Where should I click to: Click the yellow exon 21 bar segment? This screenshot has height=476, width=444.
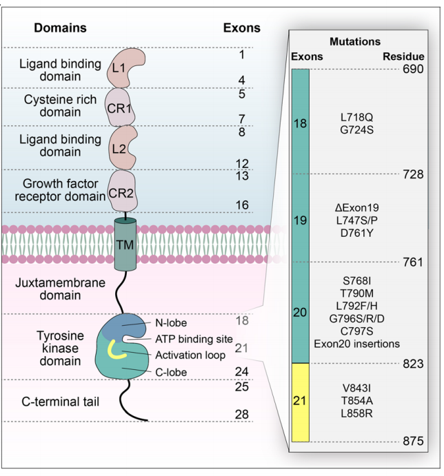click(301, 401)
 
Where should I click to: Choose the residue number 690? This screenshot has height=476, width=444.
click(412, 70)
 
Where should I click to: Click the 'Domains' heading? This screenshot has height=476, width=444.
click(61, 28)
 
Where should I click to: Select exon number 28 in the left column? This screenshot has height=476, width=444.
click(241, 413)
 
